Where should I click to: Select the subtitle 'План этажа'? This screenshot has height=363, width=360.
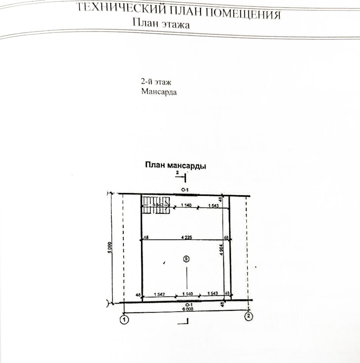coord(161,23)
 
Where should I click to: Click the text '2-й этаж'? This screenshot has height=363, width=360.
coord(154,82)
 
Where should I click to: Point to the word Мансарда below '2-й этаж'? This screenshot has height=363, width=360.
coord(159,92)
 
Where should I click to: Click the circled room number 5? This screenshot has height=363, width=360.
coord(185,259)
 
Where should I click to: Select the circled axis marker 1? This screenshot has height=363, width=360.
coord(124,320)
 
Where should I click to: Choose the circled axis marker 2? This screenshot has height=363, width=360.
coord(248,316)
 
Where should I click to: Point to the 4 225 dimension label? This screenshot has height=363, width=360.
coord(186,237)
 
